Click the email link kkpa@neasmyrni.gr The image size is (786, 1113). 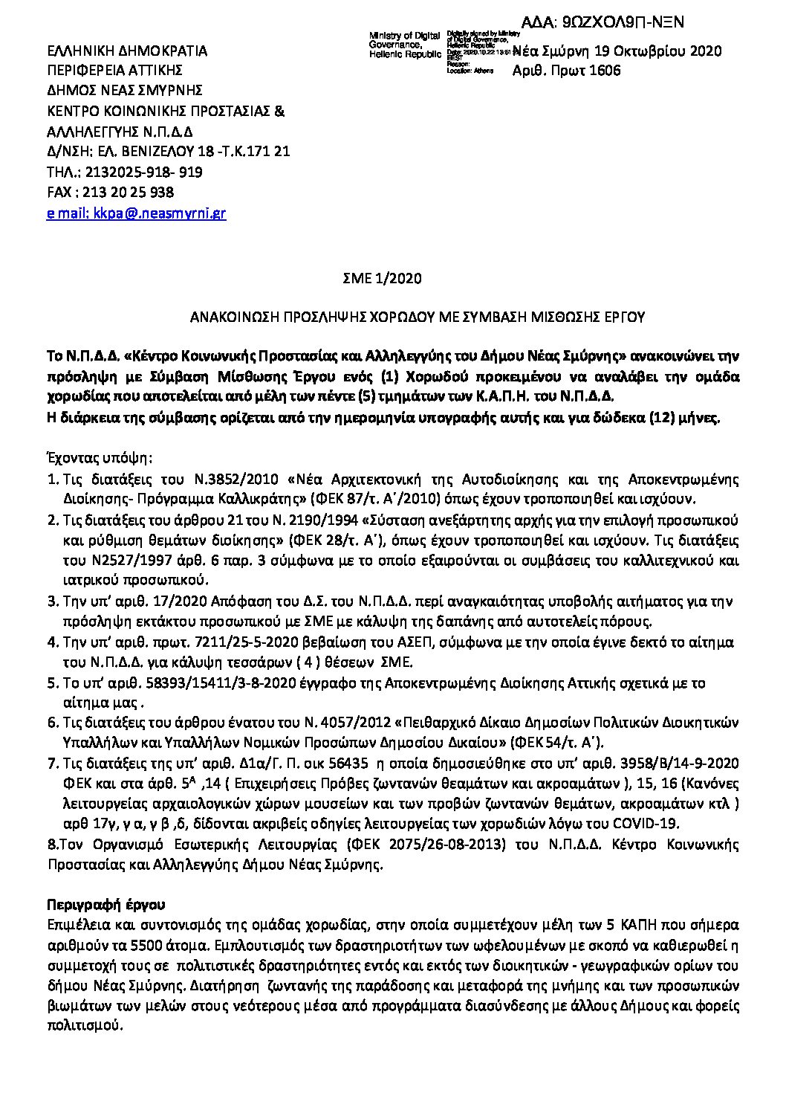[x=136, y=213]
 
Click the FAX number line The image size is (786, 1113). [x=110, y=193]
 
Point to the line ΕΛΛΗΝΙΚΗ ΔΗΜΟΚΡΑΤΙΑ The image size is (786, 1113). [x=127, y=51]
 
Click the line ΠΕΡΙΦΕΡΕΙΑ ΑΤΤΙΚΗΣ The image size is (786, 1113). [x=114, y=71]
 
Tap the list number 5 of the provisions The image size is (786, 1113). [x=51, y=683]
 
